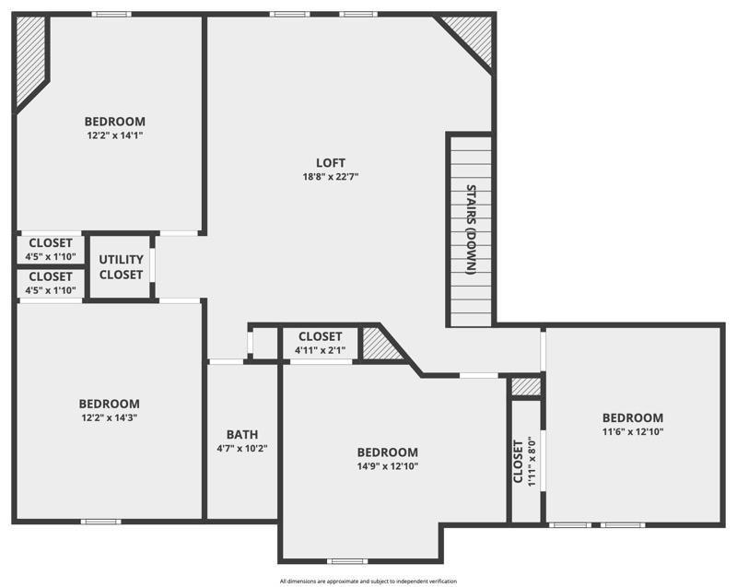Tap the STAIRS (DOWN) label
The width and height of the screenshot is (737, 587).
pyautogui.click(x=471, y=230)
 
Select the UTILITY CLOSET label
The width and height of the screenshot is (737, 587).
pyautogui.click(x=121, y=267)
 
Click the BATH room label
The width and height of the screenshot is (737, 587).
pyautogui.click(x=242, y=435)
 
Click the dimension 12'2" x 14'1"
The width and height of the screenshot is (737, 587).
pyautogui.click(x=115, y=135)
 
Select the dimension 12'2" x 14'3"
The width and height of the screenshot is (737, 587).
pyautogui.click(x=109, y=417)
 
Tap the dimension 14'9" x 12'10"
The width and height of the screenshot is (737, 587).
pyautogui.click(x=387, y=466)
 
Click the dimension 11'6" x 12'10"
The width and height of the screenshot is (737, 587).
pyautogui.click(x=633, y=431)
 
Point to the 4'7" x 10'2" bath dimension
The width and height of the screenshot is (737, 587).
pyautogui.click(x=242, y=449)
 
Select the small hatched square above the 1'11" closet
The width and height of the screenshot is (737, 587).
pyautogui.click(x=526, y=387)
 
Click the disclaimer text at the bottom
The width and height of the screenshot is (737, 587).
pyautogui.click(x=368, y=581)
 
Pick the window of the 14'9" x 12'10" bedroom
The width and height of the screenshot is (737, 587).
pyautogui.click(x=347, y=561)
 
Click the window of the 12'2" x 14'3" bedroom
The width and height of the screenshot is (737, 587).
pyautogui.click(x=100, y=522)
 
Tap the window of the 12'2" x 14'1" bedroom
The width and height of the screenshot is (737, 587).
pyautogui.click(x=111, y=14)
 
